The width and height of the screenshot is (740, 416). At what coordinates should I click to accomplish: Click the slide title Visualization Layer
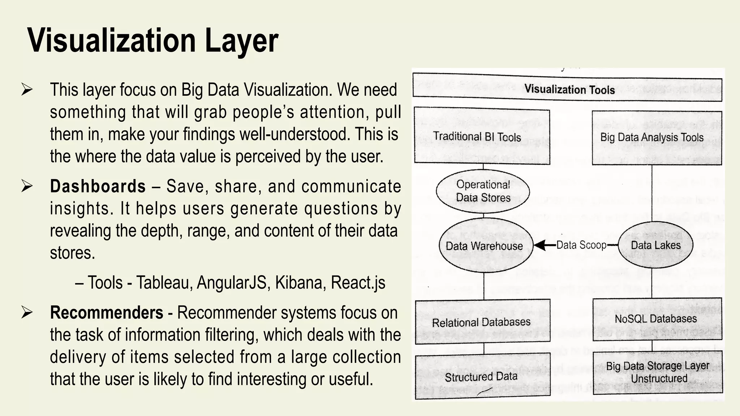(x=152, y=40)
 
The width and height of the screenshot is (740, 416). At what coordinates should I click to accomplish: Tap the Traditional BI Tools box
(x=482, y=137)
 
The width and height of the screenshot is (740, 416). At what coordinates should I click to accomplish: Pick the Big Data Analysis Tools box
(x=657, y=138)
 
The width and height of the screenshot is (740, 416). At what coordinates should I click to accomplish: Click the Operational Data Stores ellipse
(x=483, y=191)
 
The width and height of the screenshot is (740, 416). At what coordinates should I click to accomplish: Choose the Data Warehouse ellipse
(x=485, y=246)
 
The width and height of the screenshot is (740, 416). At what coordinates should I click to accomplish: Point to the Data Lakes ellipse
(x=655, y=245)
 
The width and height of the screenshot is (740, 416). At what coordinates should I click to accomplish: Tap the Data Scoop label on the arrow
(x=581, y=245)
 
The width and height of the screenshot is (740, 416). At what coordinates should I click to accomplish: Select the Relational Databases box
(x=482, y=321)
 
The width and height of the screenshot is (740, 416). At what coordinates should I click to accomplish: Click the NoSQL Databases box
(x=657, y=319)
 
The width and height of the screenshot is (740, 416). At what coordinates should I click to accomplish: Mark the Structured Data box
(x=482, y=377)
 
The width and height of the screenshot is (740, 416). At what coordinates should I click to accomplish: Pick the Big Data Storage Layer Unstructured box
(x=658, y=372)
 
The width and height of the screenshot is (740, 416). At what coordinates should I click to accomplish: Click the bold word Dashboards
(x=98, y=187)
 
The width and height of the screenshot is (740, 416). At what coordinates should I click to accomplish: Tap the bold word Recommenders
(x=107, y=313)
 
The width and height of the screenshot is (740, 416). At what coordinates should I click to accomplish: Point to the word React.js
(x=358, y=283)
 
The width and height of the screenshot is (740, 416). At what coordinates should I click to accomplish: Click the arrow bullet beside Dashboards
(x=27, y=186)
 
